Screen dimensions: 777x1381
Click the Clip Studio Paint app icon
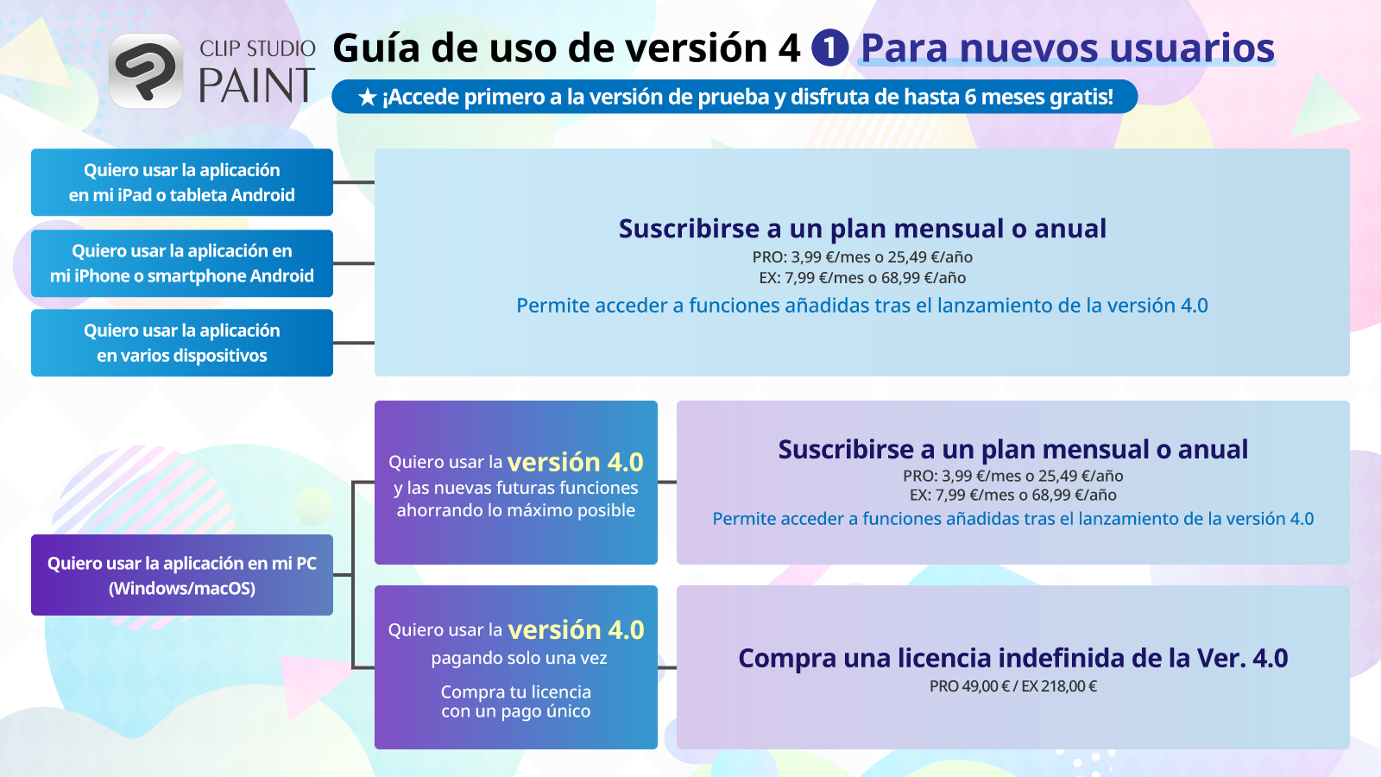(145, 71)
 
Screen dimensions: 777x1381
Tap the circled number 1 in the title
(829, 47)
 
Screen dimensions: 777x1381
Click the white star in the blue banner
(368, 98)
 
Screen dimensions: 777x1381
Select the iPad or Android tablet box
(182, 182)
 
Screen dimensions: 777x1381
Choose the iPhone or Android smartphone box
(182, 263)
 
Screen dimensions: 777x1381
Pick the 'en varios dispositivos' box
(182, 343)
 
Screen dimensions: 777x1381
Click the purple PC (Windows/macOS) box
(182, 575)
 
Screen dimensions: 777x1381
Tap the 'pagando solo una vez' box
(516, 667)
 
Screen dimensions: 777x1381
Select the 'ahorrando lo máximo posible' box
(516, 483)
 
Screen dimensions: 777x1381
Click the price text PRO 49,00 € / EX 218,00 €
(1013, 686)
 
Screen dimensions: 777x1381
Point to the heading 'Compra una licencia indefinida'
(1013, 658)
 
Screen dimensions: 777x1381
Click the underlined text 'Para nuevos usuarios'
(1068, 48)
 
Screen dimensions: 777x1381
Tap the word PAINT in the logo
(256, 86)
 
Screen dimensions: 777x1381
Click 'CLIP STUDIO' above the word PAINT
(257, 49)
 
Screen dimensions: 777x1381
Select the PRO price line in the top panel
(862, 257)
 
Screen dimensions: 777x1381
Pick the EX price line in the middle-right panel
(1013, 496)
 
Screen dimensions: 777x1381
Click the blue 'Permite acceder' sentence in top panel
(862, 306)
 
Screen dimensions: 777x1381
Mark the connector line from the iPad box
(354, 182)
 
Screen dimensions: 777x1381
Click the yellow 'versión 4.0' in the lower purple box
(577, 630)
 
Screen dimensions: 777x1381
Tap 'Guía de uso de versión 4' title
(566, 48)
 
